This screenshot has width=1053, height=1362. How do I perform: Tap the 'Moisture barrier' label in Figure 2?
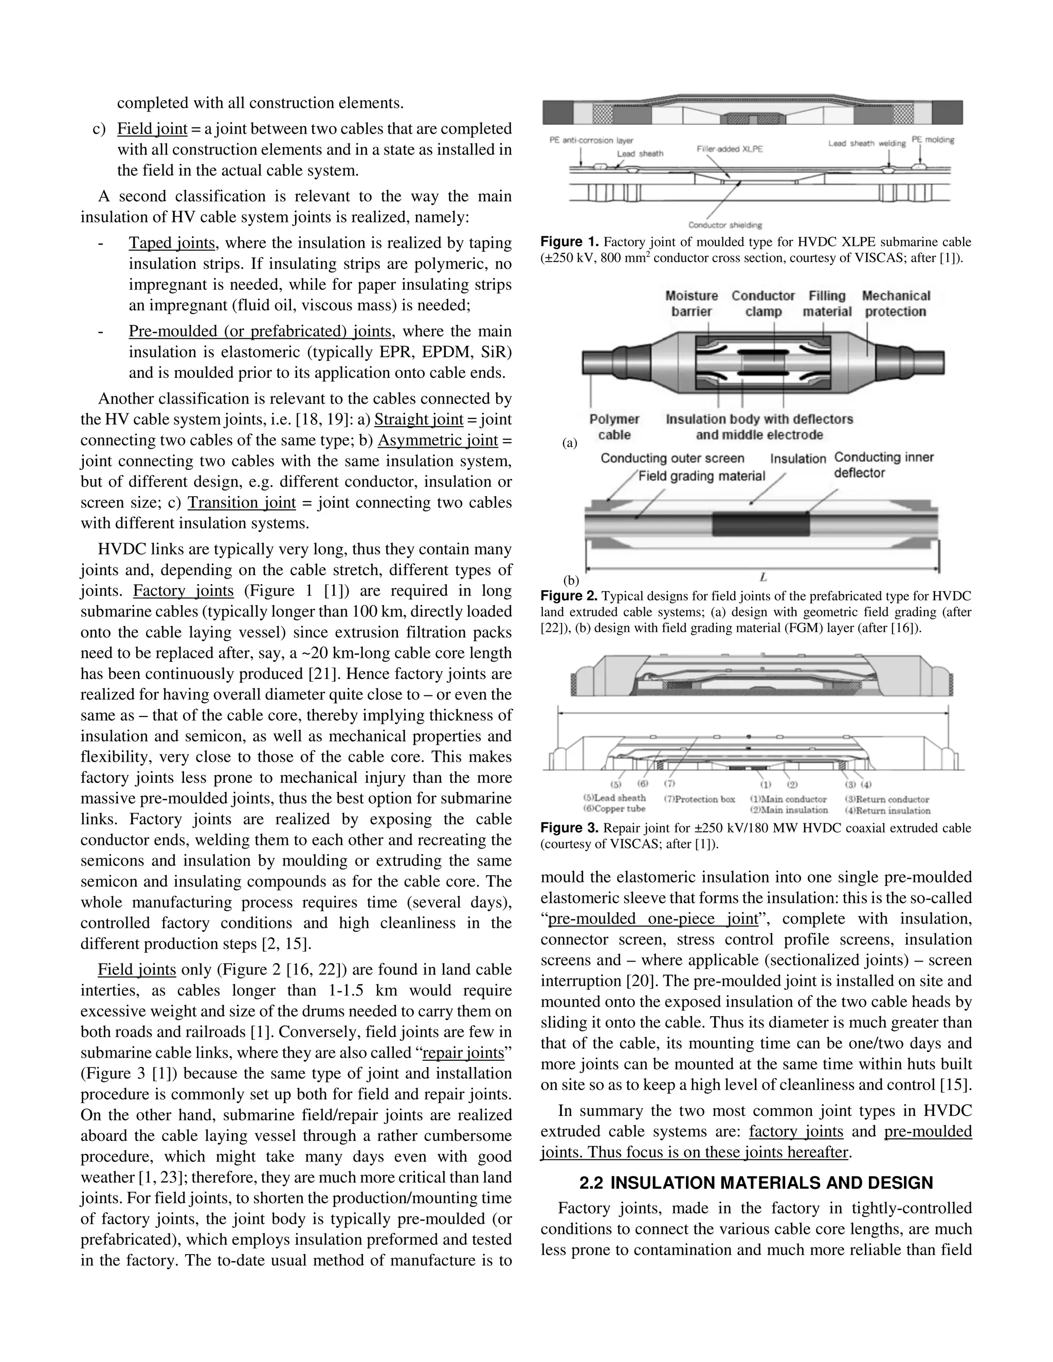[691, 304]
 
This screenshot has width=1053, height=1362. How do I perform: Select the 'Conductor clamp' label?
[763, 304]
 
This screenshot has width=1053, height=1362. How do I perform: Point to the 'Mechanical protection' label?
[896, 304]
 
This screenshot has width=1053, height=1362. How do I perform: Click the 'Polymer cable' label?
[614, 427]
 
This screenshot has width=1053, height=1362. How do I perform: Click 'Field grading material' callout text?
[701, 476]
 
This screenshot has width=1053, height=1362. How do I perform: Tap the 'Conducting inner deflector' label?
[883, 465]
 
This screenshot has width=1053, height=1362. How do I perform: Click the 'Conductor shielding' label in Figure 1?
[725, 225]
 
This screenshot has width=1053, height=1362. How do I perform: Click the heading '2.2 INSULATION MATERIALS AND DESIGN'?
[756, 1183]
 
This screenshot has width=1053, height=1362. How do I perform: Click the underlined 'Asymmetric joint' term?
[438, 440]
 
